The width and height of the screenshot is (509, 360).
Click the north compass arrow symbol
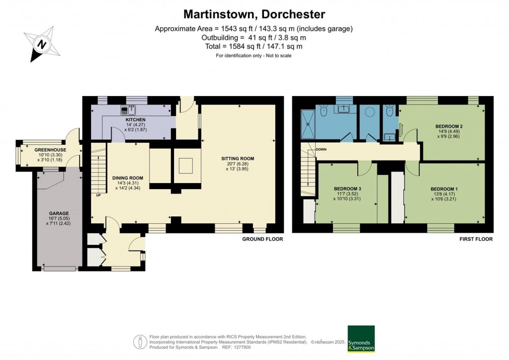pyautogui.click(x=42, y=44)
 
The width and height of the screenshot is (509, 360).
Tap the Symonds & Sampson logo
pyautogui.click(x=361, y=339)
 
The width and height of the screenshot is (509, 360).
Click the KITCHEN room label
pyautogui.click(x=135, y=120)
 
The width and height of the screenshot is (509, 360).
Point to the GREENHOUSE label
pyautogui.click(x=50, y=150)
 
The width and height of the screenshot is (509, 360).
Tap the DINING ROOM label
pyautogui.click(x=128, y=178)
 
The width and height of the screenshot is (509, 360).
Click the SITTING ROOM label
pyautogui.click(x=238, y=159)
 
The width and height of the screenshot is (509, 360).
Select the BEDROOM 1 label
pyautogui.click(x=444, y=189)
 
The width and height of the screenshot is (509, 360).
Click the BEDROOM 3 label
pyautogui.click(x=347, y=188)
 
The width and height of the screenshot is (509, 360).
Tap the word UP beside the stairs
pyautogui.click(x=98, y=195)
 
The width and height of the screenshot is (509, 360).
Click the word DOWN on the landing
pyautogui.click(x=321, y=149)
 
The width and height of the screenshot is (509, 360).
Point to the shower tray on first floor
pyautogui.click(x=308, y=124)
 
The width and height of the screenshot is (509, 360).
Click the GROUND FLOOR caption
pyautogui.click(x=262, y=239)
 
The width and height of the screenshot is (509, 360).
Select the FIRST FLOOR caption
pyautogui.click(x=476, y=239)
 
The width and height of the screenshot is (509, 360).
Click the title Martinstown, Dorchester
pyautogui.click(x=254, y=14)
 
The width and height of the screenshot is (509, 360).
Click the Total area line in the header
pyautogui.click(x=254, y=46)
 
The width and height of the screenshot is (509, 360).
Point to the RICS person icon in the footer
pyautogui.click(x=140, y=342)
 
